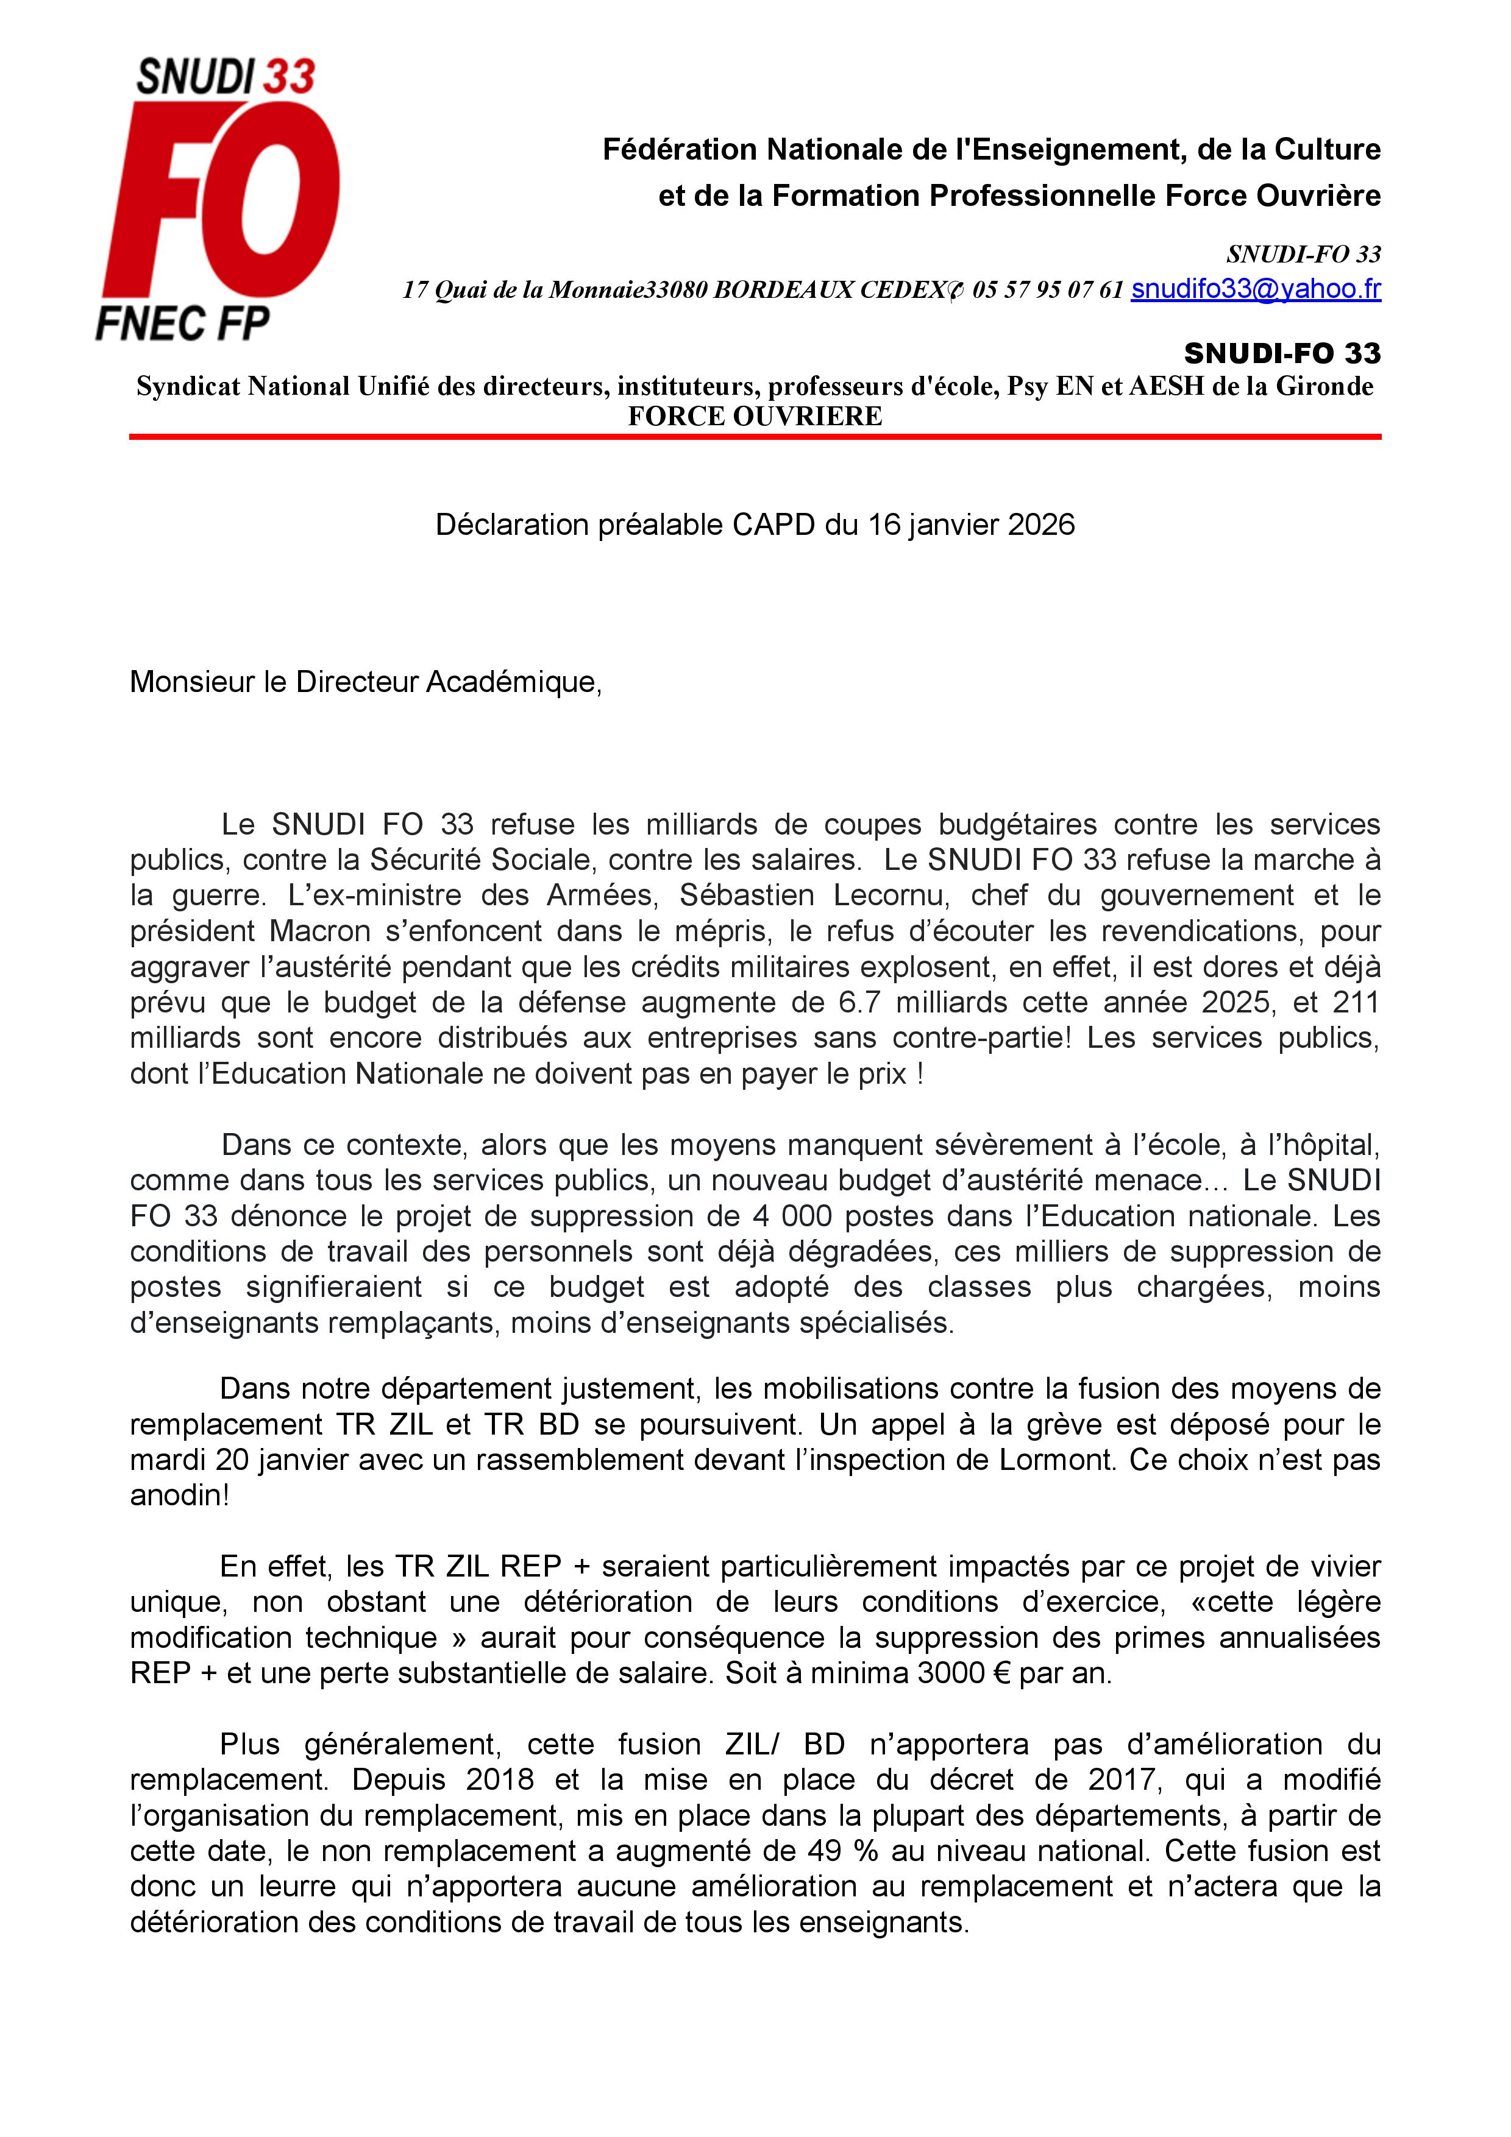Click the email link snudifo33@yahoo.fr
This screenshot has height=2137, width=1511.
pos(1255,289)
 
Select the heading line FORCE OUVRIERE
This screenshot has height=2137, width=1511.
pos(755,416)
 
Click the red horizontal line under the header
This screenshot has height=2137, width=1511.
pos(755,436)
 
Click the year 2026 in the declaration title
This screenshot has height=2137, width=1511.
pos(1041,525)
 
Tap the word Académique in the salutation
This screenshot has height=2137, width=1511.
pos(513,682)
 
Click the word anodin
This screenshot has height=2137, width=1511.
pos(174,1496)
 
